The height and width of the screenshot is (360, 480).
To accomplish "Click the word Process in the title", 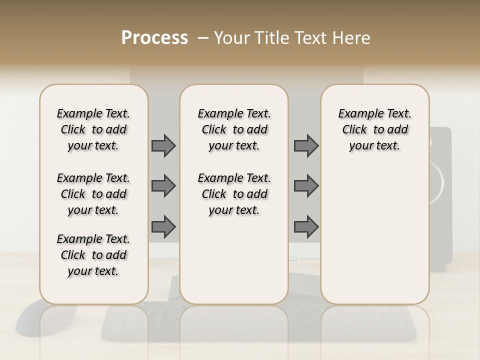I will (x=154, y=38).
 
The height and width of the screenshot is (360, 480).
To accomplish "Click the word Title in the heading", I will (x=270, y=38).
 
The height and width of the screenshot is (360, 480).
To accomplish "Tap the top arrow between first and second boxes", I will (x=163, y=146).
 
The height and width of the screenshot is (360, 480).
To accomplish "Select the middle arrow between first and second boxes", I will (x=163, y=186).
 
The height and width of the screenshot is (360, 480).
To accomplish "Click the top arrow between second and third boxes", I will (x=306, y=146).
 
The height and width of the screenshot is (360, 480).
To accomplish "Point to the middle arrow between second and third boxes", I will (x=306, y=186).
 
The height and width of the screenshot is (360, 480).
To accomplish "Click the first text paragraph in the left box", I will (x=93, y=129).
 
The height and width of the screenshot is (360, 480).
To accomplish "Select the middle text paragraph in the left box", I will (x=93, y=194).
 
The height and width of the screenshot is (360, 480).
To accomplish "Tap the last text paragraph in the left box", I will (x=93, y=255).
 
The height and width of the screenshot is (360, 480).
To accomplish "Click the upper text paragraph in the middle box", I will (x=234, y=129).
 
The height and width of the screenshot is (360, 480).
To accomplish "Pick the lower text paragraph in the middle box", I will (x=234, y=194).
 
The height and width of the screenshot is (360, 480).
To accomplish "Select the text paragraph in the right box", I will (x=374, y=129).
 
